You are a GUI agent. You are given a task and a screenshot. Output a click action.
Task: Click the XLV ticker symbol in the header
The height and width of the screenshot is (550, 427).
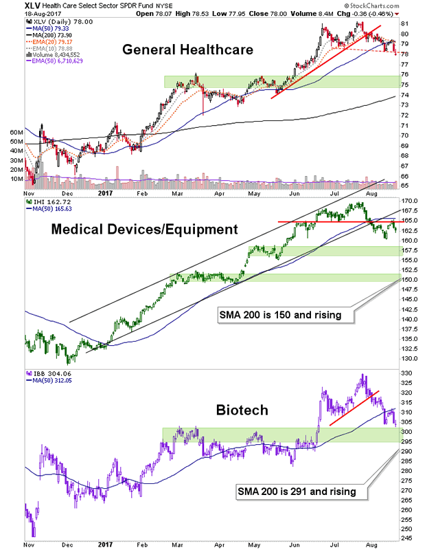pos(13,5)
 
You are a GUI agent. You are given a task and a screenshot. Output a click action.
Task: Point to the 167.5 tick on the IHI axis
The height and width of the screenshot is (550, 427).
pos(409,211)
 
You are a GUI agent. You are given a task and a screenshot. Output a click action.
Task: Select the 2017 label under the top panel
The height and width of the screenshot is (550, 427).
pos(104,195)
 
